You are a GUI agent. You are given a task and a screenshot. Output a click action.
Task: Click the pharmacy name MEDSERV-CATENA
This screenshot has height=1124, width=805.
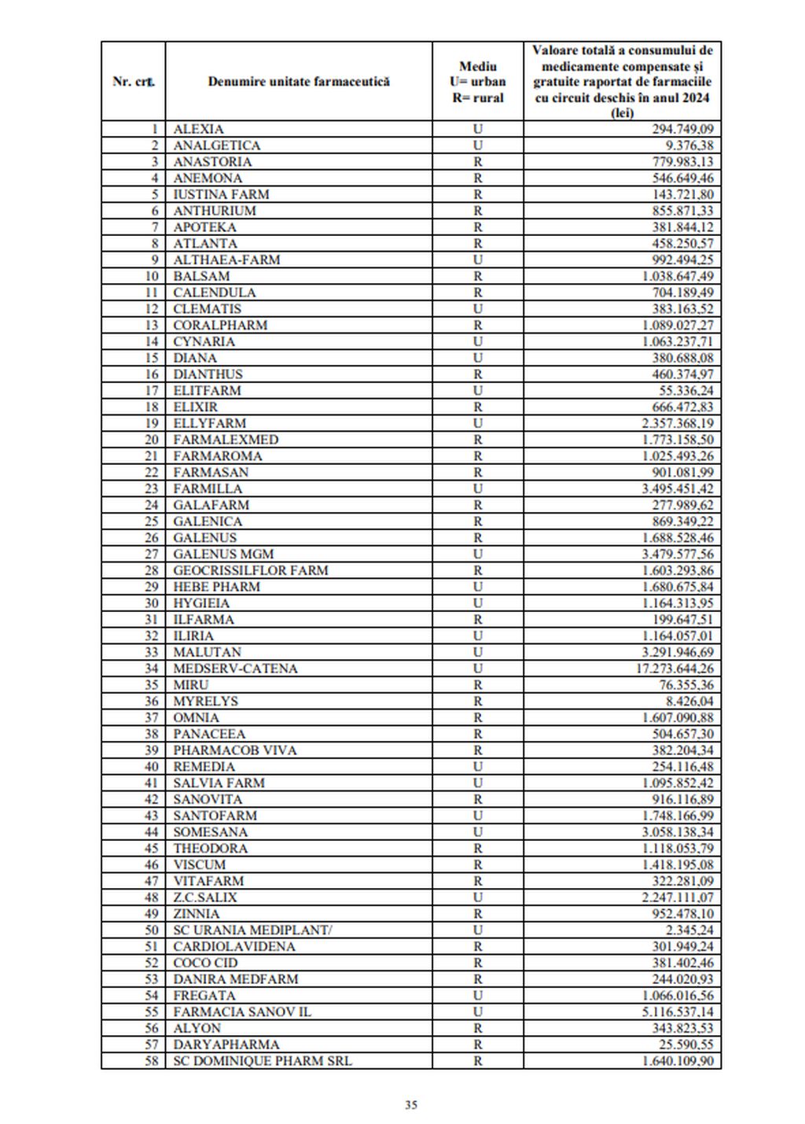coord(235,669)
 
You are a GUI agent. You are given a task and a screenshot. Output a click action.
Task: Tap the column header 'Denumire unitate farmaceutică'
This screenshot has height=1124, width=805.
coord(299,81)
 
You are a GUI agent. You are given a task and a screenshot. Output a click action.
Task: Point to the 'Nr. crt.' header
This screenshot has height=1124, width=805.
coord(134,81)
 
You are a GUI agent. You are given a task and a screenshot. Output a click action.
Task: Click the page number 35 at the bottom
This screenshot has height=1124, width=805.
coord(411,1104)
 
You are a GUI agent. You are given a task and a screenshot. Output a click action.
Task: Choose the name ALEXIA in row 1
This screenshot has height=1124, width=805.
coord(198,129)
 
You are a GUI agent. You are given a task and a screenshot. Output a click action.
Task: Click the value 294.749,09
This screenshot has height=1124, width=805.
coord(682,129)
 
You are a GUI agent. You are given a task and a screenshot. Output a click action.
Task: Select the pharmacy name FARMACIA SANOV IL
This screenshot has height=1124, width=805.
coord(242,1012)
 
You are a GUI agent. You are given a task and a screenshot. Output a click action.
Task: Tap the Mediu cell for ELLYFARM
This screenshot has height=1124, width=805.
coord(477,423)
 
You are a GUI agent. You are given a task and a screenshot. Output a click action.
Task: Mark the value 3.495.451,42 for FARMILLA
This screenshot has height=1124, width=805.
coord(678,488)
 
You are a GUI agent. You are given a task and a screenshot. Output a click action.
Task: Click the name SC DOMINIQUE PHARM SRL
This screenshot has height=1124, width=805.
coord(263,1061)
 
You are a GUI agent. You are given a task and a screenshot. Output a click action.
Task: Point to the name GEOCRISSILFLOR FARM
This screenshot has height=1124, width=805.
coord(251,570)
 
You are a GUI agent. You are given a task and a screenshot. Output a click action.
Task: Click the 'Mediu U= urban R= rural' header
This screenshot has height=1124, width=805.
coord(477,81)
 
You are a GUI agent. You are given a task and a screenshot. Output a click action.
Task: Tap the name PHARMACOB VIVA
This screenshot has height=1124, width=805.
coord(235,750)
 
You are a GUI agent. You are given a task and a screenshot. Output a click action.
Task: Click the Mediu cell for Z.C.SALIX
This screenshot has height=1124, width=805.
coord(477,897)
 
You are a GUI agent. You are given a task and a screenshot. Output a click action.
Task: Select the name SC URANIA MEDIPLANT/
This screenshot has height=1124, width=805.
coord(252,930)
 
